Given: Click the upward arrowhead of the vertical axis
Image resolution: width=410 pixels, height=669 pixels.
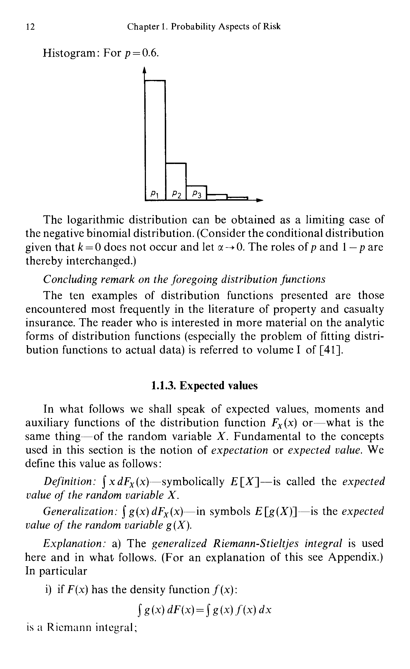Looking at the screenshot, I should point(145,71).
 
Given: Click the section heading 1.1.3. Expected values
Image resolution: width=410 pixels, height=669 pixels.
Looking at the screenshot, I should point(205,386).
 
